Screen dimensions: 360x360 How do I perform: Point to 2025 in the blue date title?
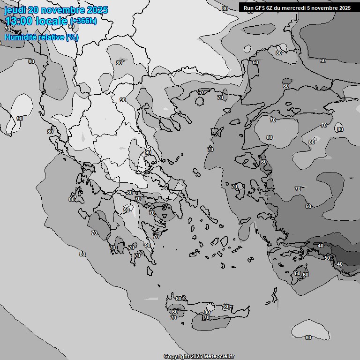click(x=97, y=10)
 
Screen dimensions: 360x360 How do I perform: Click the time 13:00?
click(x=19, y=21)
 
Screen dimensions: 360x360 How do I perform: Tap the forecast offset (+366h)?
click(x=83, y=21)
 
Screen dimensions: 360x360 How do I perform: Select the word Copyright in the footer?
click(x=177, y=357)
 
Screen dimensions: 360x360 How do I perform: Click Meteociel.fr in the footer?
click(x=220, y=357)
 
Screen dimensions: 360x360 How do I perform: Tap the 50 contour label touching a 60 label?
click(x=298, y=273)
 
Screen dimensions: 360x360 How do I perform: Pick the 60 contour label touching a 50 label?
click(x=306, y=275)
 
